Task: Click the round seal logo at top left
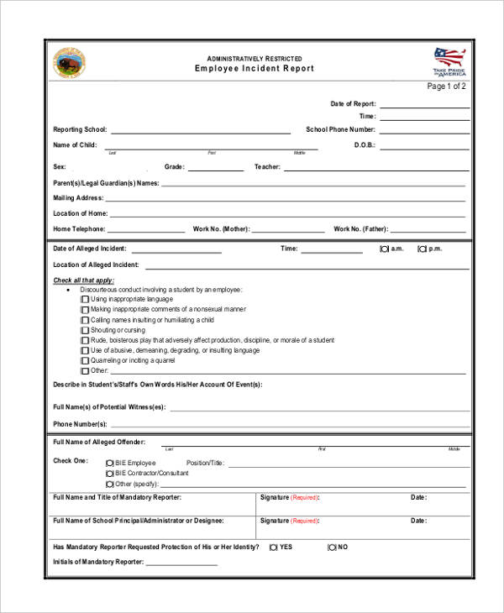click(x=70, y=63)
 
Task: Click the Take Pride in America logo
click(x=449, y=61)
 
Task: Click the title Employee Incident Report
click(x=255, y=68)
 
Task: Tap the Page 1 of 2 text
click(x=446, y=86)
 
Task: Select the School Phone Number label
click(x=340, y=130)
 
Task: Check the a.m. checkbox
click(x=384, y=249)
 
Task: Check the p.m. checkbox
click(x=422, y=249)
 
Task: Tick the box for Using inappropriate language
click(x=84, y=299)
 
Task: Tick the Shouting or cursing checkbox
click(x=84, y=330)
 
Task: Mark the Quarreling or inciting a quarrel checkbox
click(x=84, y=360)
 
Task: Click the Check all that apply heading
click(x=84, y=280)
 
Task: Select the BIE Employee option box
click(x=109, y=463)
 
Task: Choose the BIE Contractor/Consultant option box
click(x=109, y=473)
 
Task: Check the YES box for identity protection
click(x=274, y=547)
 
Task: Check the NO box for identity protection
click(x=332, y=547)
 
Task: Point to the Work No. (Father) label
click(x=360, y=228)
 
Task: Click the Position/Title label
click(x=205, y=463)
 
